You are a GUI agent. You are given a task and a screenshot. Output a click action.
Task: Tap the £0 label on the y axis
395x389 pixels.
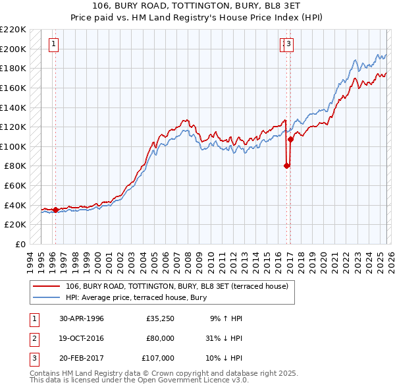pos(20,245)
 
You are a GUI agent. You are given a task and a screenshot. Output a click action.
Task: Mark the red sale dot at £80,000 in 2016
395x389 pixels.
pos(286,166)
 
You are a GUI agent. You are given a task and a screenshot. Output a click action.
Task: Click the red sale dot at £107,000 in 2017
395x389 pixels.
pos(290,140)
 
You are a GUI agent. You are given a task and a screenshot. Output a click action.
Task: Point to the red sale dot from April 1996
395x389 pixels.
pos(56,210)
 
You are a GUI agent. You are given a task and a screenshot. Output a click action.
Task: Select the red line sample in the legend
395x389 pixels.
pos(47,286)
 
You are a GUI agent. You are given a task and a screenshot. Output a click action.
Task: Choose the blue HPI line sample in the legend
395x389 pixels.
pos(47,297)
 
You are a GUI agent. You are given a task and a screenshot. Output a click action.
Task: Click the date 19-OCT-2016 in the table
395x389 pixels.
pos(82,338)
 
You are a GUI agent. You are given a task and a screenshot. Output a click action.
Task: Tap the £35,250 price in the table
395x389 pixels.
pos(161,318)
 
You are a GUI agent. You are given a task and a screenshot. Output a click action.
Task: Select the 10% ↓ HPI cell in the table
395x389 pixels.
pos(224,358)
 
